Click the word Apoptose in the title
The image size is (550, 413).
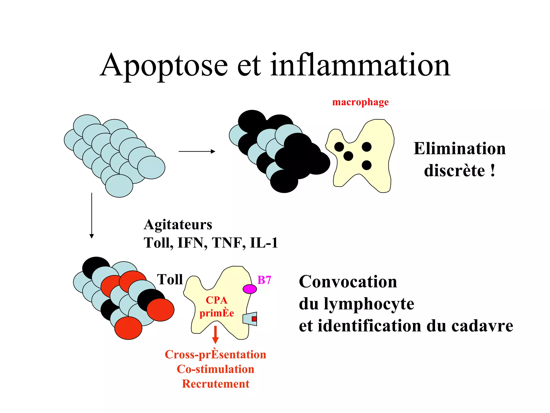[164, 66]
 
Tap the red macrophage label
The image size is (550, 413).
[360, 102]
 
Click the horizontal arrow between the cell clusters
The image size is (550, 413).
[197, 151]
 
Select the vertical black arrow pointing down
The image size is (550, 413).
[92, 215]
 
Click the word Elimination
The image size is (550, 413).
[459, 148]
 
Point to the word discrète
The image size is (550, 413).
[454, 170]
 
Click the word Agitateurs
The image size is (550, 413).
[178, 225]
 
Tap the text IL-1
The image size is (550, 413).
[264, 243]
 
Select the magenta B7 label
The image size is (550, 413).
[264, 280]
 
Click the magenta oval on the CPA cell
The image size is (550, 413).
[250, 289]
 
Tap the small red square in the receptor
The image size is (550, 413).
[254, 319]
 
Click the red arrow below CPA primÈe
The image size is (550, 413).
[215, 335]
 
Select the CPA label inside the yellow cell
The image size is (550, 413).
[216, 300]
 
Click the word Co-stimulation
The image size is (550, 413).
[215, 369]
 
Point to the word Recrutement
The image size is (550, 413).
[216, 384]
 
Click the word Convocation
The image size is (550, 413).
[348, 282]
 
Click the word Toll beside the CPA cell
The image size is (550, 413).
[170, 279]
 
